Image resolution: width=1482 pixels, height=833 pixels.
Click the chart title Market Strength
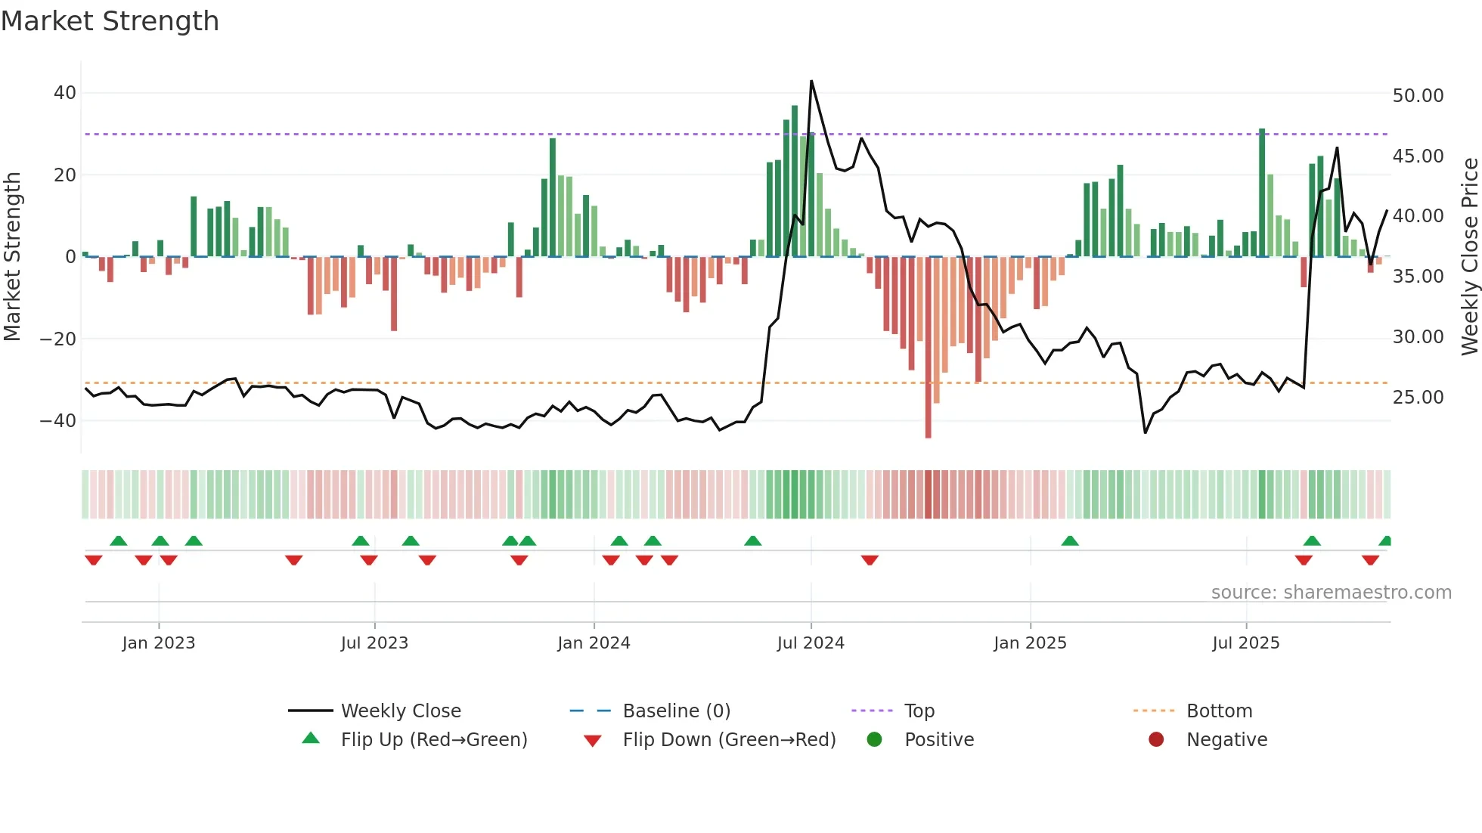(110, 21)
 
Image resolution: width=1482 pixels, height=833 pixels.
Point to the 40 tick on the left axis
(64, 93)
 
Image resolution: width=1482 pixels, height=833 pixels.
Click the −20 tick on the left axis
(58, 339)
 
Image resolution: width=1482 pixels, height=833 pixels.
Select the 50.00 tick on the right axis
(1418, 96)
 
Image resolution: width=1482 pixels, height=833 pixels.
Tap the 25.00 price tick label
(1418, 398)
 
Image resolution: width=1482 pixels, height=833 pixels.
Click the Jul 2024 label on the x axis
(811, 643)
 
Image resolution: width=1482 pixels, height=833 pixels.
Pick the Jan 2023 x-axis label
(159, 643)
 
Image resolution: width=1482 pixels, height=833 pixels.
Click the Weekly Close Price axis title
(1469, 257)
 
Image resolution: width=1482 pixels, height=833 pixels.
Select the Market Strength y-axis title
(12, 257)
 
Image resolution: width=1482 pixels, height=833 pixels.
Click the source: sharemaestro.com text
(1331, 593)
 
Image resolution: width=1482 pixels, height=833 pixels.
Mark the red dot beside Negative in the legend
(1156, 740)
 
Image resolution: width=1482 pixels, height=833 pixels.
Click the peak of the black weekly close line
(811, 81)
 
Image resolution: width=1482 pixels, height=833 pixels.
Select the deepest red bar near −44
(928, 348)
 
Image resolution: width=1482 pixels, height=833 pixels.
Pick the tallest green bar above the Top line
(795, 181)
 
